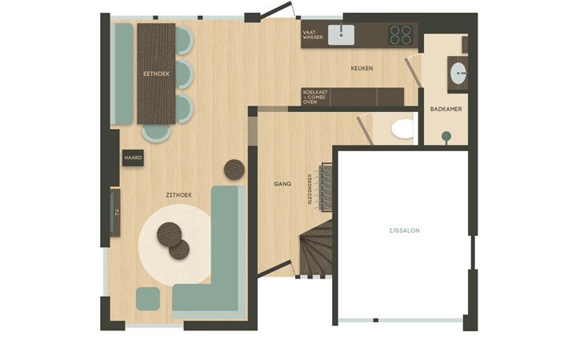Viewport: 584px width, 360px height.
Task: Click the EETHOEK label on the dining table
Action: tap(157, 74)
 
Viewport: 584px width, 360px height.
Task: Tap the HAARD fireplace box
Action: tap(134, 158)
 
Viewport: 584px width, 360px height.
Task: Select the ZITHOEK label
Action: tap(178, 195)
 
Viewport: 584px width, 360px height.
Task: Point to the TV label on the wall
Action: tap(117, 213)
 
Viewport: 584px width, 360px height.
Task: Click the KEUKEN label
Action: tap(362, 69)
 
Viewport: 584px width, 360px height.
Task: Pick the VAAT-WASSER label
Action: tap(313, 34)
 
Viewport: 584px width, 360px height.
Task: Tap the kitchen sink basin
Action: tap(341, 35)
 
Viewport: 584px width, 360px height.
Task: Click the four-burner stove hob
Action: tap(400, 34)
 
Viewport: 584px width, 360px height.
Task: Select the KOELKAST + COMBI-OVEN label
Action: tap(315, 97)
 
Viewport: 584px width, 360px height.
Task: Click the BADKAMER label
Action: tap(446, 109)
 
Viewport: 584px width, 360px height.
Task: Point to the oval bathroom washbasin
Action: tap(458, 74)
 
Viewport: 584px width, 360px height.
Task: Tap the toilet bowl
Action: tap(402, 129)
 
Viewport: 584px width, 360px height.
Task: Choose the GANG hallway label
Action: tap(282, 184)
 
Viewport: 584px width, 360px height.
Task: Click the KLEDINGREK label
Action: tap(310, 188)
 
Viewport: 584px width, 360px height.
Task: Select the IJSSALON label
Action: tap(404, 231)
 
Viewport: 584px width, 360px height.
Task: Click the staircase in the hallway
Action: tap(316, 247)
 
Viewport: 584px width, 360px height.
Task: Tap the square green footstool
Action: tap(148, 298)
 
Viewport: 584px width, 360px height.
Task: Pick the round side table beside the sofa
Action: tap(234, 170)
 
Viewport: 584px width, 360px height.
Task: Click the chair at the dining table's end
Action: tap(157, 134)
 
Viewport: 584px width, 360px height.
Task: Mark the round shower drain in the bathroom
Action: tap(446, 136)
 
